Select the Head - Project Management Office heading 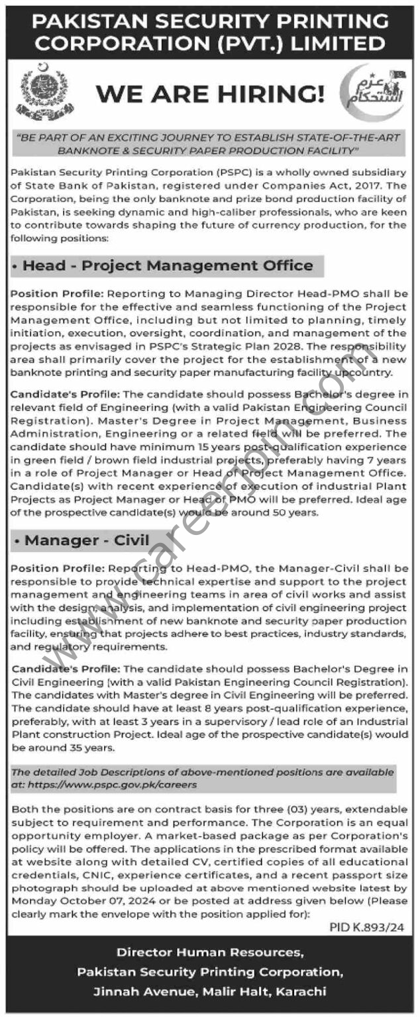pyautogui.click(x=168, y=266)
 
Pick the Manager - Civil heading pyautogui.click(x=87, y=540)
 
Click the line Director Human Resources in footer pyautogui.click(x=210, y=952)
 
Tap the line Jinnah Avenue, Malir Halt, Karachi pyautogui.click(x=210, y=991)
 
